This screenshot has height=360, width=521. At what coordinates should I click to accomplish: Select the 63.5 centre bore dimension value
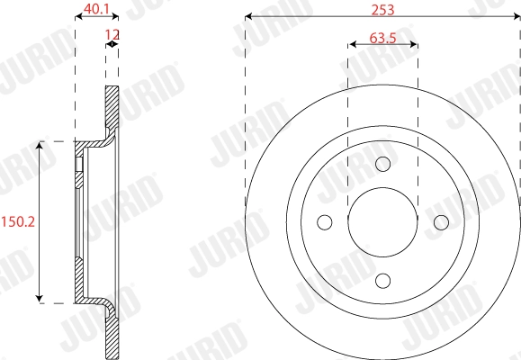click(x=382, y=40)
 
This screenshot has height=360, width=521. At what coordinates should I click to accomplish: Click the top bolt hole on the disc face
click(x=382, y=164)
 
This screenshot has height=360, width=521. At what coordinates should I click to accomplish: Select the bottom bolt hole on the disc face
click(x=382, y=280)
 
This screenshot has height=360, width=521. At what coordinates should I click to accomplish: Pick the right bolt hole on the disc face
click(x=441, y=221)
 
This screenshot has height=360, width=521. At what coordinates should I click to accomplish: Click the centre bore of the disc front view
click(x=382, y=221)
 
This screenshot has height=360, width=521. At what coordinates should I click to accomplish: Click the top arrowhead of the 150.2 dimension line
click(x=38, y=144)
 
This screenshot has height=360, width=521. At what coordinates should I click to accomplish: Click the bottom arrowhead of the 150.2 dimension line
click(x=38, y=299)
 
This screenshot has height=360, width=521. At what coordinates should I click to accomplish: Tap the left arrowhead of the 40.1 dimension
click(x=76, y=18)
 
